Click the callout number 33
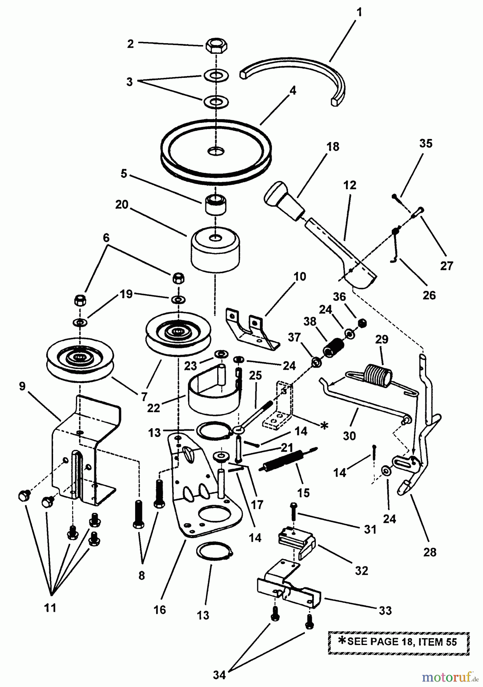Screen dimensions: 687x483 [385, 611]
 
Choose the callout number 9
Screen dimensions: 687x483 [22, 386]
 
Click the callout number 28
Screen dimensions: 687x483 [430, 552]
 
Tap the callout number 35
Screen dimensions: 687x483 [426, 144]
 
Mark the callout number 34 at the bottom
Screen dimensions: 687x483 [219, 675]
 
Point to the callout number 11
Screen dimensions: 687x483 [50, 608]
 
